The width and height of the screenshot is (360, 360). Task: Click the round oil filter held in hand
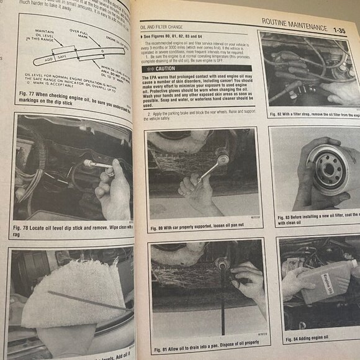pos(330,168)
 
